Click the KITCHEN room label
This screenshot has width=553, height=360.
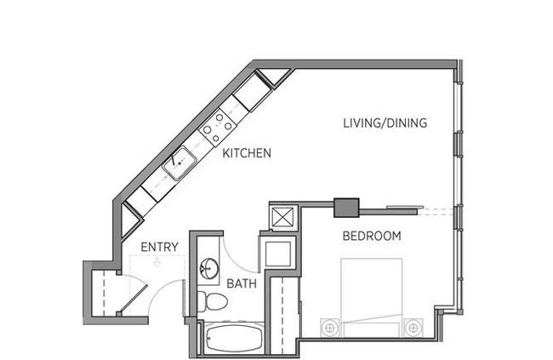click(x=247, y=153)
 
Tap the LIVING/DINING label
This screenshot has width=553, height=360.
click(x=385, y=123)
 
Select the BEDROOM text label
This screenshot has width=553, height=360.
click(x=372, y=236)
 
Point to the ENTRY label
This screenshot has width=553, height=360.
click(x=159, y=247)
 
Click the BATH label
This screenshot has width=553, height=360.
click(x=242, y=283)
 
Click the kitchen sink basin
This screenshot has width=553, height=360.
click(x=180, y=163)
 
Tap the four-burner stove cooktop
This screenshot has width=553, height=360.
click(x=218, y=127)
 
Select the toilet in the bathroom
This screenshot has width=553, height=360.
click(x=212, y=301)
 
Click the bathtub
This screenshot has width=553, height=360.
click(x=234, y=339)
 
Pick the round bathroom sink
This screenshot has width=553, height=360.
click(x=209, y=269)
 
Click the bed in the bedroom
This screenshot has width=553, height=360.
click(x=372, y=298)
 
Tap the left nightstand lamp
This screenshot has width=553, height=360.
click(x=330, y=328)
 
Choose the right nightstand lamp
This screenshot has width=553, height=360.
click(x=413, y=328)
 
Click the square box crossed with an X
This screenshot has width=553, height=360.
click(x=283, y=216)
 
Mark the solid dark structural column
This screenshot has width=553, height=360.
click(x=346, y=208)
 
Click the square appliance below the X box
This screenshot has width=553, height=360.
click(x=278, y=254)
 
